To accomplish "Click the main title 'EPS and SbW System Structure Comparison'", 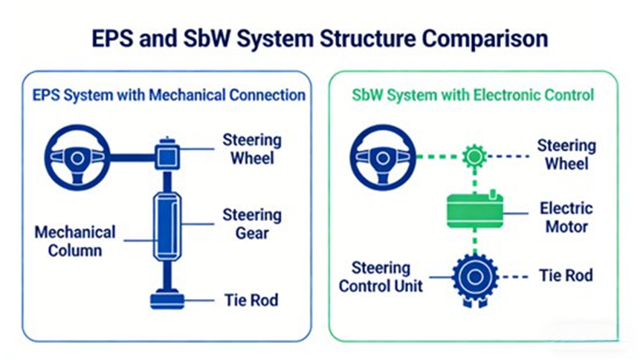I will (x=320, y=38).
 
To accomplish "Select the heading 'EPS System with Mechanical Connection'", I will (x=169, y=95).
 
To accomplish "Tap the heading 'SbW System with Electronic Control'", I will (x=472, y=95).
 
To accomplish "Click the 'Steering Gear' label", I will (x=252, y=224).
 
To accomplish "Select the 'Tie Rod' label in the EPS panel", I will (x=251, y=300).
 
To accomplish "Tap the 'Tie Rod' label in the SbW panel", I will (x=566, y=276).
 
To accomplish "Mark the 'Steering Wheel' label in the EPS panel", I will (x=252, y=149).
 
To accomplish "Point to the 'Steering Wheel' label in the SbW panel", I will (x=566, y=155).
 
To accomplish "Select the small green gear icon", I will (x=473, y=156).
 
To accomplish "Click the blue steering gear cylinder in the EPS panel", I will (x=168, y=224).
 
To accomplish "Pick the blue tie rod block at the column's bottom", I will (x=168, y=300).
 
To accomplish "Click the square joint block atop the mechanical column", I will (x=168, y=155).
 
